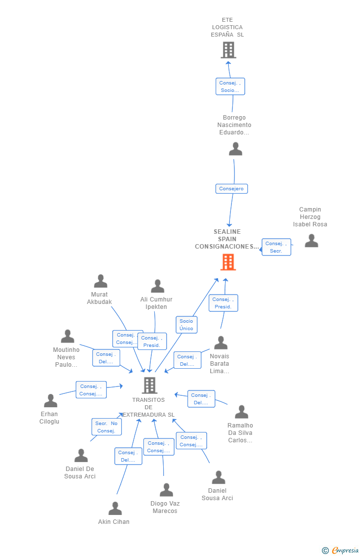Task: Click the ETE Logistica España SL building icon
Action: click(228, 49)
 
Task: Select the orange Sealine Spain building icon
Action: click(228, 262)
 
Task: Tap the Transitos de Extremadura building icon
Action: click(149, 385)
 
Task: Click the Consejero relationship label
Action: click(231, 189)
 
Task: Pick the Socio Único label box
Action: click(186, 325)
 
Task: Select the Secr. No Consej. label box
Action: click(106, 427)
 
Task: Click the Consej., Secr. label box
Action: click(276, 247)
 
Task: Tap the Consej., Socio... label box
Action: click(230, 86)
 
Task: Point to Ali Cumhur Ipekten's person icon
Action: click(157, 286)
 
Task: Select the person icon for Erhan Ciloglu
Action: click(50, 400)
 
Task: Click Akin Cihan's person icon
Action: click(115, 508)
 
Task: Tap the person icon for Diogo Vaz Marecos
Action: click(166, 490)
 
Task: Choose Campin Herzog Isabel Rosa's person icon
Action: click(312, 240)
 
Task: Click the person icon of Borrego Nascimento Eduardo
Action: click(235, 149)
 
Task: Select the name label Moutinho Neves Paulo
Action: click(66, 357)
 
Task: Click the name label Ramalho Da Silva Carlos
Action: click(240, 432)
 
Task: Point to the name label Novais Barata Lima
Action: click(220, 363)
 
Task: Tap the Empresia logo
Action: click(341, 551)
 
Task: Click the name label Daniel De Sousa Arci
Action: click(80, 472)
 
